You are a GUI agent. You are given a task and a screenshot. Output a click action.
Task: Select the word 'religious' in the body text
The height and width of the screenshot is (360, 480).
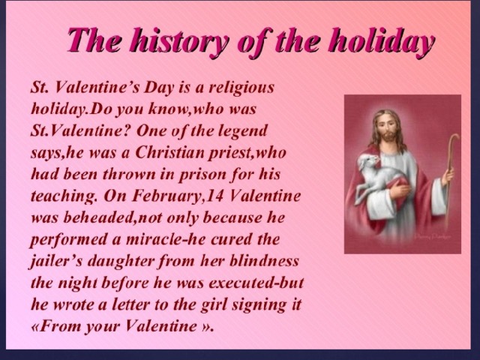(x=241, y=88)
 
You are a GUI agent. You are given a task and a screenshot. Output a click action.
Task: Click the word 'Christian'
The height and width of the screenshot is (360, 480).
(x=169, y=152)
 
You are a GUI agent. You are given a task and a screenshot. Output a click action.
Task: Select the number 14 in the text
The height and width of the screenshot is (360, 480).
(x=215, y=196)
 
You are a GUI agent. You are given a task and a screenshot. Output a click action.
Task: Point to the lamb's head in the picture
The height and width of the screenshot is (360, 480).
(x=370, y=162)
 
